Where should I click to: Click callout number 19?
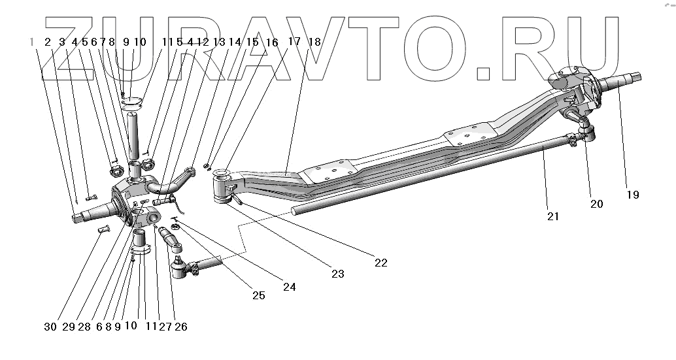tap(632, 195)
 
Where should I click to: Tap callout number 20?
tap(596, 204)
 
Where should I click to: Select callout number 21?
tap(553, 216)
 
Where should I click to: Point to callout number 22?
tap(380, 263)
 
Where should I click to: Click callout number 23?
tap(337, 274)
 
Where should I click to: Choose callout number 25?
tap(258, 295)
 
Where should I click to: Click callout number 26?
tap(181, 327)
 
